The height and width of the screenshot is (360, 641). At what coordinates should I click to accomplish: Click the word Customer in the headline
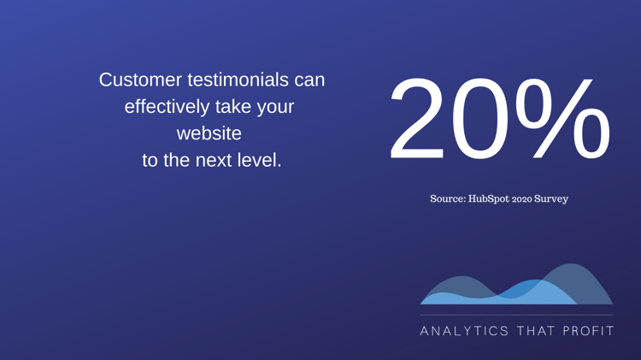[140, 80]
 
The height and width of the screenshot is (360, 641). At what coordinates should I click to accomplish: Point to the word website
[209, 133]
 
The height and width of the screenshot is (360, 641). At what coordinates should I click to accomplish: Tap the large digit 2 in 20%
[417, 118]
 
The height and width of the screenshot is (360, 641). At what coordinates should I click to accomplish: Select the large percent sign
[562, 118]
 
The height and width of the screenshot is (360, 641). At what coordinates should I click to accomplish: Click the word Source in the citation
[448, 199]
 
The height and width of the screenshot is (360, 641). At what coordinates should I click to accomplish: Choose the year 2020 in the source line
[522, 199]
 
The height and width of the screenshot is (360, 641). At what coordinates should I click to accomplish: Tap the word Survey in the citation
[551, 199]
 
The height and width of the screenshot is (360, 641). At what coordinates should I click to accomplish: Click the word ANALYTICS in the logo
[464, 331]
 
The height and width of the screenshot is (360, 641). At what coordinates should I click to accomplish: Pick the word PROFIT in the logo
[589, 331]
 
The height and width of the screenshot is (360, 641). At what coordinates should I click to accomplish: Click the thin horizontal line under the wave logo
[516, 315]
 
